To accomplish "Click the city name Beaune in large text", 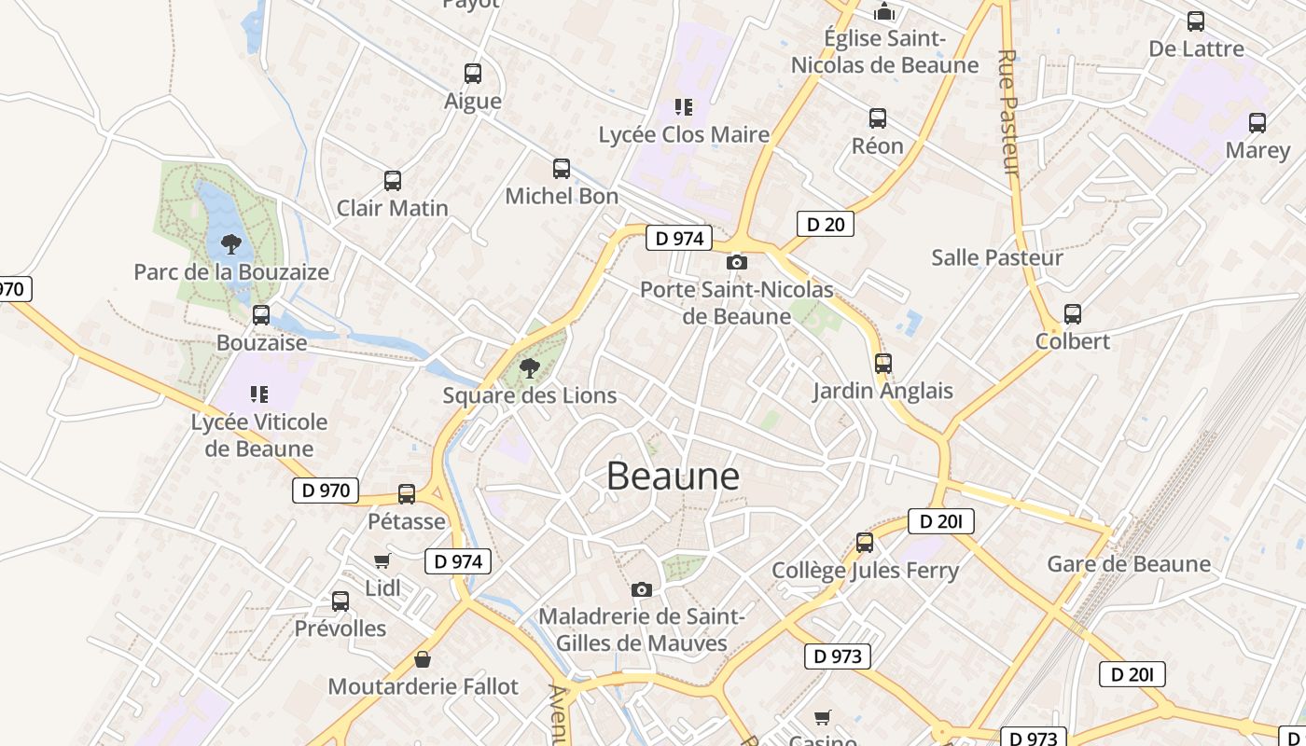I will pyautogui.click(x=673, y=476).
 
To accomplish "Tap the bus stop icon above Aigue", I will pyautogui.click(x=473, y=74).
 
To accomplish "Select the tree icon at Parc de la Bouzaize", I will pyautogui.click(x=231, y=244).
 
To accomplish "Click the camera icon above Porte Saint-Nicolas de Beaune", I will pyautogui.click(x=736, y=263).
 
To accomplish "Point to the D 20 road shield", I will pyautogui.click(x=826, y=224).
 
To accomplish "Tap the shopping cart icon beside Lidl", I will pyautogui.click(x=382, y=560).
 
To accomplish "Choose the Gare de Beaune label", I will pyautogui.click(x=1129, y=564).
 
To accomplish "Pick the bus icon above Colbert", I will pyautogui.click(x=1073, y=314).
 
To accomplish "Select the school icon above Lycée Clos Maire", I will pyautogui.click(x=684, y=107).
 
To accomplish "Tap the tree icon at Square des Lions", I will pyautogui.click(x=530, y=367).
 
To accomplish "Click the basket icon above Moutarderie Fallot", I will pyautogui.click(x=423, y=659).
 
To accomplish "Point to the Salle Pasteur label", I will pyautogui.click(x=997, y=257).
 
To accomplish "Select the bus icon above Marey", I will pyautogui.click(x=1257, y=123).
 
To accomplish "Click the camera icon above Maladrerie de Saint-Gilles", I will pyautogui.click(x=641, y=589).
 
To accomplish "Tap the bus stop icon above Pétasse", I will pyautogui.click(x=407, y=494).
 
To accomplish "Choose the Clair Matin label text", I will pyautogui.click(x=393, y=208).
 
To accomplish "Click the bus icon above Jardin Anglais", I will pyautogui.click(x=882, y=364).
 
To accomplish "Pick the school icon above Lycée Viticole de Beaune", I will pyautogui.click(x=259, y=394).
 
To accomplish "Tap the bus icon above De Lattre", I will pyautogui.click(x=1196, y=21).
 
